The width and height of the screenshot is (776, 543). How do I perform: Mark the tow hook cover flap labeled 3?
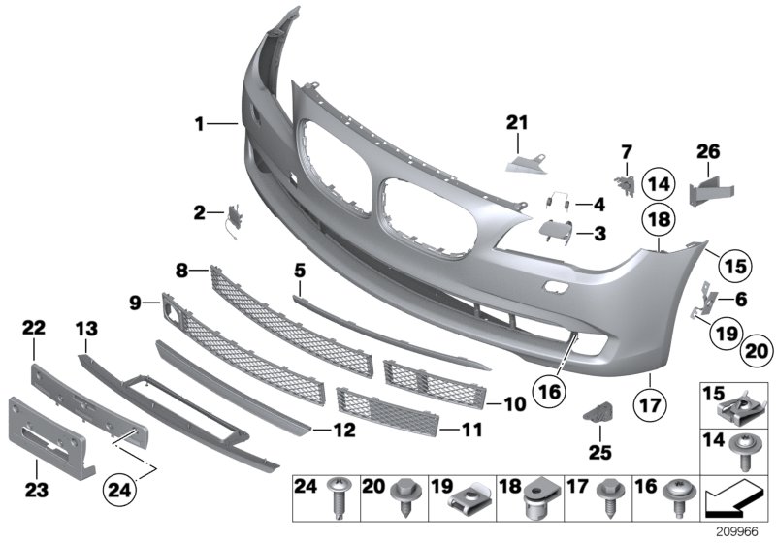click(x=556, y=231)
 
